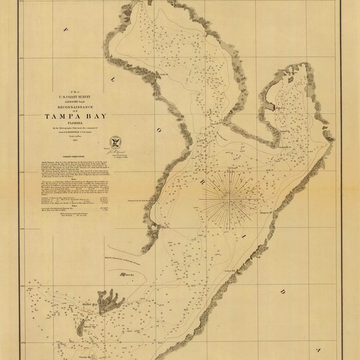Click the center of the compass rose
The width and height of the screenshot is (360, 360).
(x=230, y=196)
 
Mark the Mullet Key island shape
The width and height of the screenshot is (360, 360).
(x=108, y=300)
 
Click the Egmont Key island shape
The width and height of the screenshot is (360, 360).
(x=80, y=327)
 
